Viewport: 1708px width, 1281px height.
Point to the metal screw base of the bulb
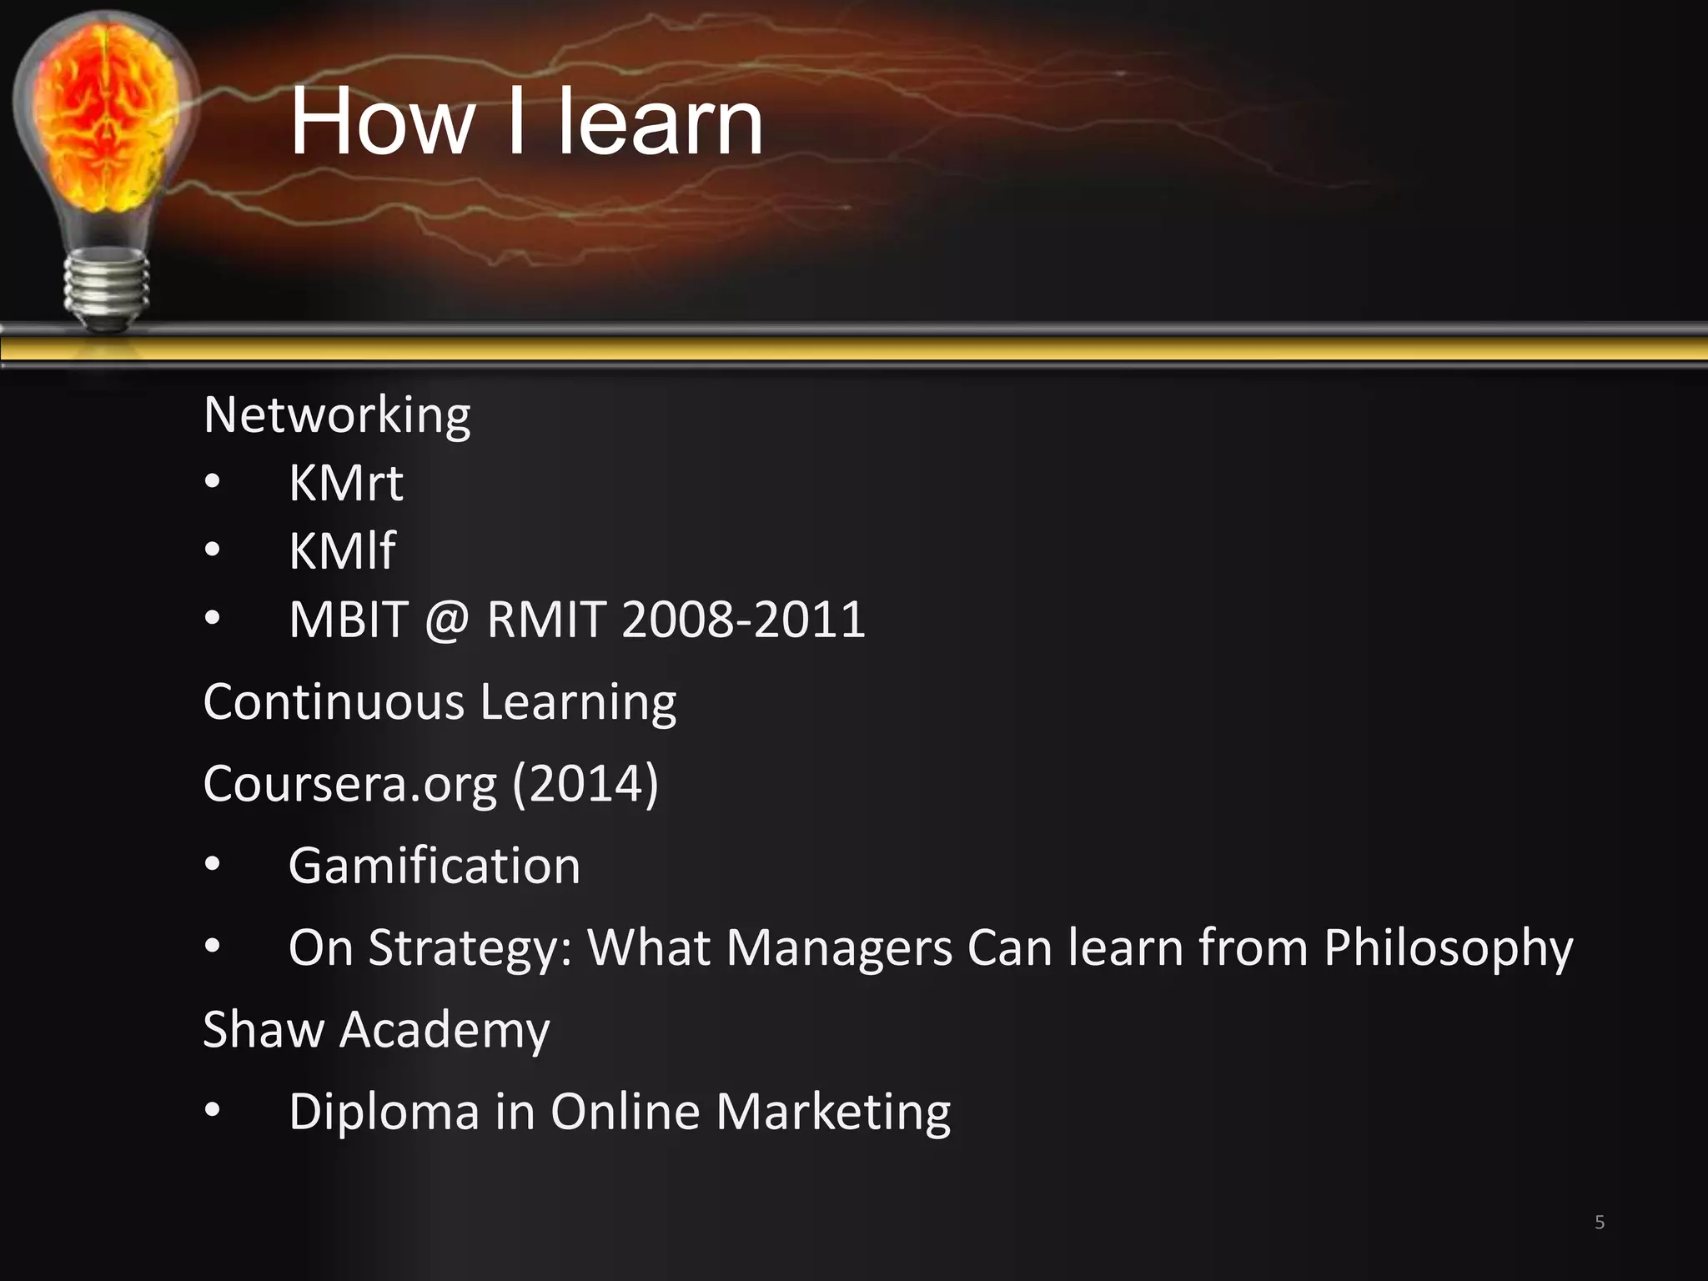[x=107, y=288]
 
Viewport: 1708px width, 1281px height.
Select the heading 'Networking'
[x=337, y=415]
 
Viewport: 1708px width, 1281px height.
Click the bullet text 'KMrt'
[x=345, y=483]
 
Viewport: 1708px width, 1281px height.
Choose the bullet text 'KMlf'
[x=341, y=551]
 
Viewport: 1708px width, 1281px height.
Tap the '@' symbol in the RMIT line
[x=447, y=620]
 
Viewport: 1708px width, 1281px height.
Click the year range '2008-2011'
[x=743, y=620]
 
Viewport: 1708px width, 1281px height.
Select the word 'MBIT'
[x=349, y=620]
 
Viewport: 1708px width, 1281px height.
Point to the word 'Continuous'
[x=334, y=701]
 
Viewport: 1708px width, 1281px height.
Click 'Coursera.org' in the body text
[x=350, y=784]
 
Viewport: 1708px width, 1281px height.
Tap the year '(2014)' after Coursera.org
[x=585, y=784]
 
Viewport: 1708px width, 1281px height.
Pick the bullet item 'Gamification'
[x=434, y=866]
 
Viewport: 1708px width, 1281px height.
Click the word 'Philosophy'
[x=1448, y=948]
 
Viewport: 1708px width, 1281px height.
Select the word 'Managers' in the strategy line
[x=839, y=948]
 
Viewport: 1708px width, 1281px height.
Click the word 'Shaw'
[x=263, y=1029]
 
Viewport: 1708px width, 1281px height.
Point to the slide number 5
[x=1599, y=1223]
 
